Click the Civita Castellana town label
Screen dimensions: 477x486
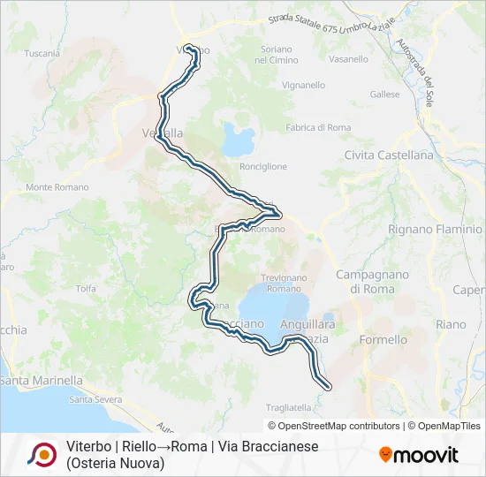(390, 155)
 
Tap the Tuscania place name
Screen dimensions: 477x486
(42, 53)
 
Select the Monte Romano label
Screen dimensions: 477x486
(57, 187)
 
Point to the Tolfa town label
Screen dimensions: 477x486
(86, 288)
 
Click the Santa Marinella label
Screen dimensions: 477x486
(42, 381)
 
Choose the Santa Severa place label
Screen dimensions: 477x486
(95, 399)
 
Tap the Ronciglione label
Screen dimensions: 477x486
(263, 166)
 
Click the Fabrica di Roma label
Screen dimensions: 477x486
(318, 128)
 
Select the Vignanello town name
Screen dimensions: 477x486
(279, 87)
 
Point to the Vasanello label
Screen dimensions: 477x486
(348, 59)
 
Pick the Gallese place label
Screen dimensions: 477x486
(385, 95)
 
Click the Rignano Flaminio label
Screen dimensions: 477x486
(435, 230)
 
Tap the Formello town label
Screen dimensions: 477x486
(384, 339)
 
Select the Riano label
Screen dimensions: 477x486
(451, 324)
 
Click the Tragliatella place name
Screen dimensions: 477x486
(288, 407)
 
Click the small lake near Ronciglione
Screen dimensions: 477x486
(237, 138)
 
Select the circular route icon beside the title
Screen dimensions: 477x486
(40, 454)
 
